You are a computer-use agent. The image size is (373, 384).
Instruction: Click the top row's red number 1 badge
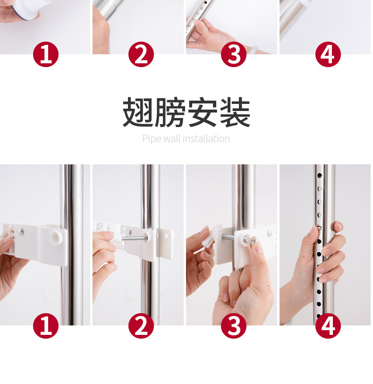(46, 54)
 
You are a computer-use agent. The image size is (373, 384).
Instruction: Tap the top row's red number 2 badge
(141, 54)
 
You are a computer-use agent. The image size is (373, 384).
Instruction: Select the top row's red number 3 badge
(234, 54)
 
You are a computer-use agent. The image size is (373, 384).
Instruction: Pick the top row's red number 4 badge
(328, 54)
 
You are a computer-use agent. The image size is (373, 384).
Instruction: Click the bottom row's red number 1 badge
(46, 326)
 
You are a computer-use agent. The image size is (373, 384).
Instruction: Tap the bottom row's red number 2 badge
(141, 326)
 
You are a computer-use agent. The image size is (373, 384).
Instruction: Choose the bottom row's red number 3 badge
(234, 326)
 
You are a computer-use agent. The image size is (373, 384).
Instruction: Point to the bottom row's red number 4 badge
(328, 326)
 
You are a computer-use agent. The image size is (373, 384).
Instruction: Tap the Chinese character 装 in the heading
(235, 112)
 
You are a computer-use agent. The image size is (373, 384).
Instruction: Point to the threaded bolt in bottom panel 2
(134, 238)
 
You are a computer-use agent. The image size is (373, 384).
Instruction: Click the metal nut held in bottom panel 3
(254, 241)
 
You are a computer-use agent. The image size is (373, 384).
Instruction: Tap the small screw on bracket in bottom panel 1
(22, 231)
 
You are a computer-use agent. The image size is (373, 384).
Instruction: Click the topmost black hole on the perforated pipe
(319, 175)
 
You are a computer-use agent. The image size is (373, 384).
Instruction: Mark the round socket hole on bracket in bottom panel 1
(55, 236)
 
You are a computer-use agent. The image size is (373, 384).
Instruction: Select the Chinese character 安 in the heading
(203, 112)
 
